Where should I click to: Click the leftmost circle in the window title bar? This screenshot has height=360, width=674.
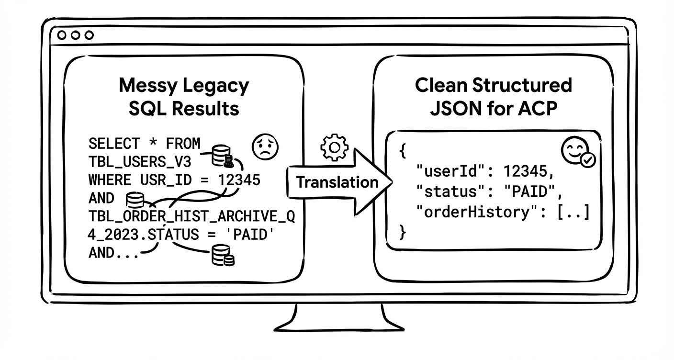click(x=62, y=35)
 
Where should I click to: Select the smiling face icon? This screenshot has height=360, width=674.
click(x=573, y=151)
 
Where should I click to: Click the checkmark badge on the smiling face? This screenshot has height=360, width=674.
click(x=587, y=160)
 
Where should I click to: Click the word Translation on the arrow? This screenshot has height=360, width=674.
click(x=337, y=182)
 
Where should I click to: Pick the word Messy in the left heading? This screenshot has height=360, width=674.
click(x=148, y=86)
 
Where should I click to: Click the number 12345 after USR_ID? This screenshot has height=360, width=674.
click(x=239, y=180)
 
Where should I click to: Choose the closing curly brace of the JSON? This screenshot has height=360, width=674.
click(x=403, y=232)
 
